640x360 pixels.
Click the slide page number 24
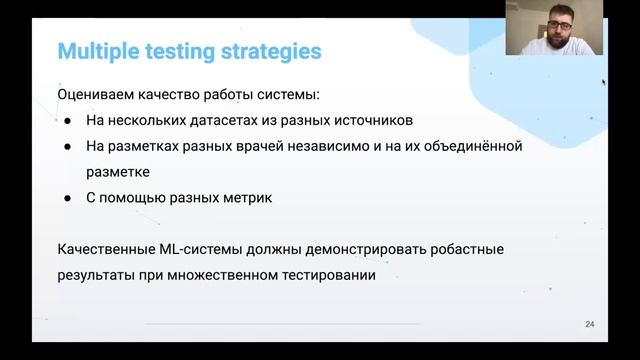[589, 325]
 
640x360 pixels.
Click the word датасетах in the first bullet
[216, 121]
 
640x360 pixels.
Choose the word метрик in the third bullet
[246, 198]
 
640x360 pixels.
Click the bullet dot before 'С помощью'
[67, 198]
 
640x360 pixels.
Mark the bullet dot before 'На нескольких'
[67, 121]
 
